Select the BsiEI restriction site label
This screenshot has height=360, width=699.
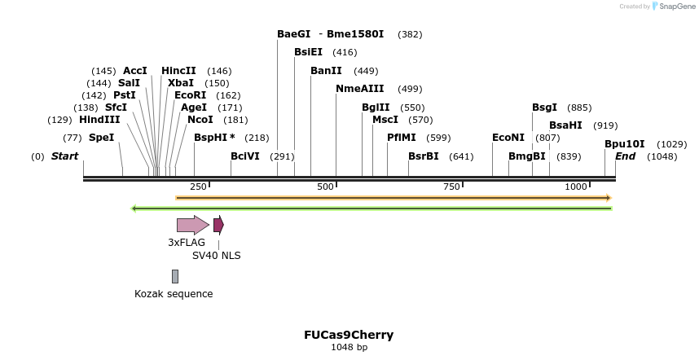(308, 52)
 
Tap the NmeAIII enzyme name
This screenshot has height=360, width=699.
(359, 89)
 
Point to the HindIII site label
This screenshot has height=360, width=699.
(99, 120)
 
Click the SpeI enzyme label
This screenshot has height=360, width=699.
(101, 138)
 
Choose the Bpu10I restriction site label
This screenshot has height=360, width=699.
(624, 144)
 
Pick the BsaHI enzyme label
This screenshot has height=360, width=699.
(565, 125)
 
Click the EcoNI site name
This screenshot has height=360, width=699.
(508, 138)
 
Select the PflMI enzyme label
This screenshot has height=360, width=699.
(402, 138)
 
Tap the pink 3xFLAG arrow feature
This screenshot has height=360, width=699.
(192, 225)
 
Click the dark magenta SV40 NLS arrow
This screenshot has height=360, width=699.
(218, 225)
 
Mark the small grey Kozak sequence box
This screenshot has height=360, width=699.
(174, 277)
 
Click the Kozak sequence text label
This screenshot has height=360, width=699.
(174, 294)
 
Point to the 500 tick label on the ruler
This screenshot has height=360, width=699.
(326, 187)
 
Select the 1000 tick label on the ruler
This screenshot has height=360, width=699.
(576, 187)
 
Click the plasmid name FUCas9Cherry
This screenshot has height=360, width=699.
(349, 335)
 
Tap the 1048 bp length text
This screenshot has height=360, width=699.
(349, 348)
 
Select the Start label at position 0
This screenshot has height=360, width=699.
(65, 156)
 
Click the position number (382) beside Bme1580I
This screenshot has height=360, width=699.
(410, 34)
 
